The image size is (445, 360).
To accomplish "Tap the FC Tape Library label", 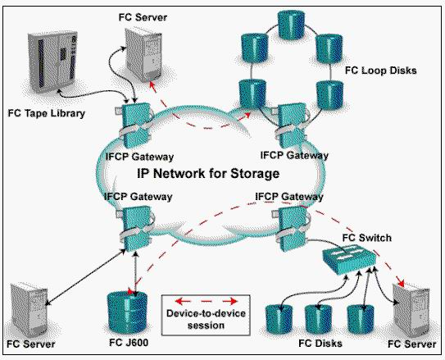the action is pyautogui.click(x=47, y=113).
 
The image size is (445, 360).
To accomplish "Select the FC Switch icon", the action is pyautogui.click(x=350, y=259).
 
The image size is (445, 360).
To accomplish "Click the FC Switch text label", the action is pyautogui.click(x=367, y=238).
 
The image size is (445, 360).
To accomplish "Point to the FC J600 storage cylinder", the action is pyautogui.click(x=127, y=312).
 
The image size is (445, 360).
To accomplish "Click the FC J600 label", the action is pyautogui.click(x=129, y=343).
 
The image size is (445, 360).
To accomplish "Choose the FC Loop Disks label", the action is pyautogui.click(x=380, y=71).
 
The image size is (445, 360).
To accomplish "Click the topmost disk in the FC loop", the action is pyautogui.click(x=292, y=25).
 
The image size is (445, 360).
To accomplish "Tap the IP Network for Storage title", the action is pyautogui.click(x=208, y=173).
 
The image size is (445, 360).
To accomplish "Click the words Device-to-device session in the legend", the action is pyautogui.click(x=206, y=319).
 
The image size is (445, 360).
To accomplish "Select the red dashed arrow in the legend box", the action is pyautogui.click(x=206, y=301).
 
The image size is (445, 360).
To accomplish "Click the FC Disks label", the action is pyautogui.click(x=320, y=344).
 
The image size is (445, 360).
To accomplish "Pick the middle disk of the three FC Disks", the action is pyautogui.click(x=319, y=319).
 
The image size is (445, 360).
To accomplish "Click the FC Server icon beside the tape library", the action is pyautogui.click(x=143, y=56).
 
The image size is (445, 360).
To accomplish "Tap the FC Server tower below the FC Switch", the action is pyautogui.click(x=411, y=310).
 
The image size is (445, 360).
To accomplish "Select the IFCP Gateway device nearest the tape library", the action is pyautogui.click(x=136, y=125).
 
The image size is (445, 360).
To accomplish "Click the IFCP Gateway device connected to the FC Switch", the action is pyautogui.click(x=292, y=228).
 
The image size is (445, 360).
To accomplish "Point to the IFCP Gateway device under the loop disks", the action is pyautogui.click(x=293, y=125).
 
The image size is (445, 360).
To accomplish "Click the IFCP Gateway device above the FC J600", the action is pyautogui.click(x=136, y=229).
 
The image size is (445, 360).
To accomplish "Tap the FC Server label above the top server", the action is pyautogui.click(x=143, y=17).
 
